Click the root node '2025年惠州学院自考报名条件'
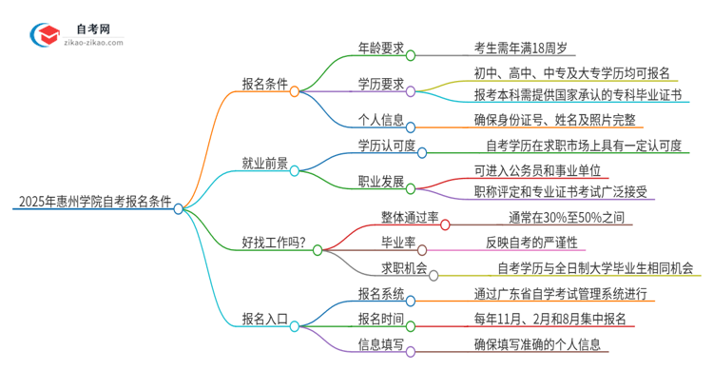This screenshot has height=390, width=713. tap(93, 202)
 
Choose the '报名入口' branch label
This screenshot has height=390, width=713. tap(262, 319)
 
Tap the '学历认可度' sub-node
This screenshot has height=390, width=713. tap(385, 144)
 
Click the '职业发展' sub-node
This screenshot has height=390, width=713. tap(378, 180)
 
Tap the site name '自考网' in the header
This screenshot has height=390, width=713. tap(95, 29)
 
